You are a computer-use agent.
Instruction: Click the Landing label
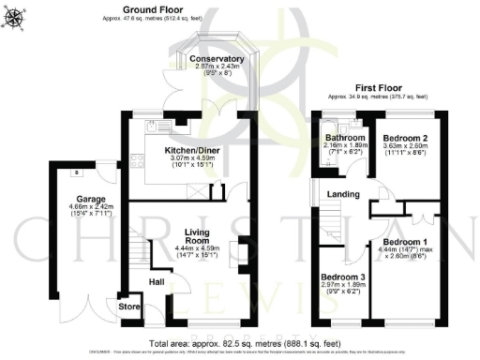pyautogui.click(x=343, y=194)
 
